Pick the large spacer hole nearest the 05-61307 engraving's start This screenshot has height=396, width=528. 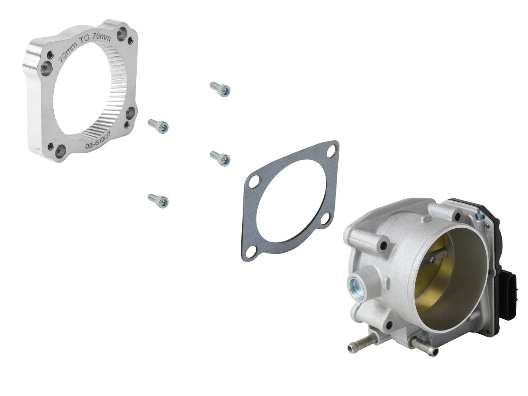point(61,150)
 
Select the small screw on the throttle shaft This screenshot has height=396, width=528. point(432,260)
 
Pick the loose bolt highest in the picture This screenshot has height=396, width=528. point(220,89)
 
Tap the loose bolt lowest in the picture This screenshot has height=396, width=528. point(158,200)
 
